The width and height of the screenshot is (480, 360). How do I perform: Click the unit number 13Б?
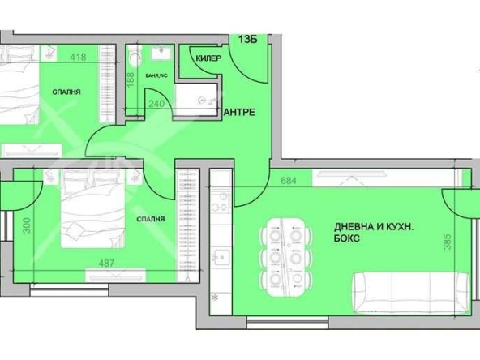pyautogui.click(x=249, y=37)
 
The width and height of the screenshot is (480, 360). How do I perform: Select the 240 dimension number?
pyautogui.click(x=156, y=104)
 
